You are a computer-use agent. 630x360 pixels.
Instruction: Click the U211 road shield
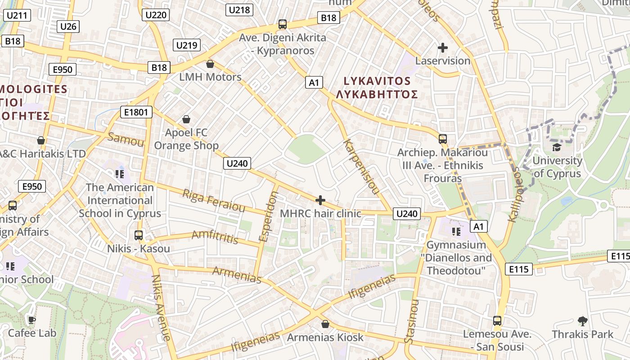pyautogui.click(x=18, y=16)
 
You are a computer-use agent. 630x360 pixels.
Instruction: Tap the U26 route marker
pyautogui.click(x=68, y=27)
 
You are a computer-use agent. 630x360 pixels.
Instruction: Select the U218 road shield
pyautogui.click(x=241, y=10)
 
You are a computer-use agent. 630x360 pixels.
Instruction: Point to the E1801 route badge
pyautogui.click(x=136, y=112)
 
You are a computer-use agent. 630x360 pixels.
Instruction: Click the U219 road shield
pyautogui.click(x=187, y=45)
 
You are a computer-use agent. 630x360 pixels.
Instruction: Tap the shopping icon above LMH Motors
pyautogui.click(x=210, y=64)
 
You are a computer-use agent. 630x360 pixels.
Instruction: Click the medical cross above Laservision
pyautogui.click(x=443, y=48)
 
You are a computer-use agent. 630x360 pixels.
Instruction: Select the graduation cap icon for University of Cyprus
pyautogui.click(x=557, y=148)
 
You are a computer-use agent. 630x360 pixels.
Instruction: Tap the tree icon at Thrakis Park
pyautogui.click(x=582, y=321)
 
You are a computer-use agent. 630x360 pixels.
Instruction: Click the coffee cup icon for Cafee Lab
pyautogui.click(x=32, y=320)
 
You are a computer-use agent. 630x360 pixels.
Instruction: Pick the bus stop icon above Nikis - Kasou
pyautogui.click(x=139, y=235)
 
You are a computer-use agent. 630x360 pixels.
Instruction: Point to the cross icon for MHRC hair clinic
pyautogui.click(x=320, y=200)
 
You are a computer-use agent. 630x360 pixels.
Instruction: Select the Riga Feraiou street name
pyautogui.click(x=213, y=201)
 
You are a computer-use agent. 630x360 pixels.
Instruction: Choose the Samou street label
pyautogui.click(x=126, y=139)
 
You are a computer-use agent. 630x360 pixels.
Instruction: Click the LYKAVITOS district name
pyautogui.click(x=377, y=81)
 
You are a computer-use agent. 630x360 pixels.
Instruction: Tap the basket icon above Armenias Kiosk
pyautogui.click(x=325, y=324)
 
